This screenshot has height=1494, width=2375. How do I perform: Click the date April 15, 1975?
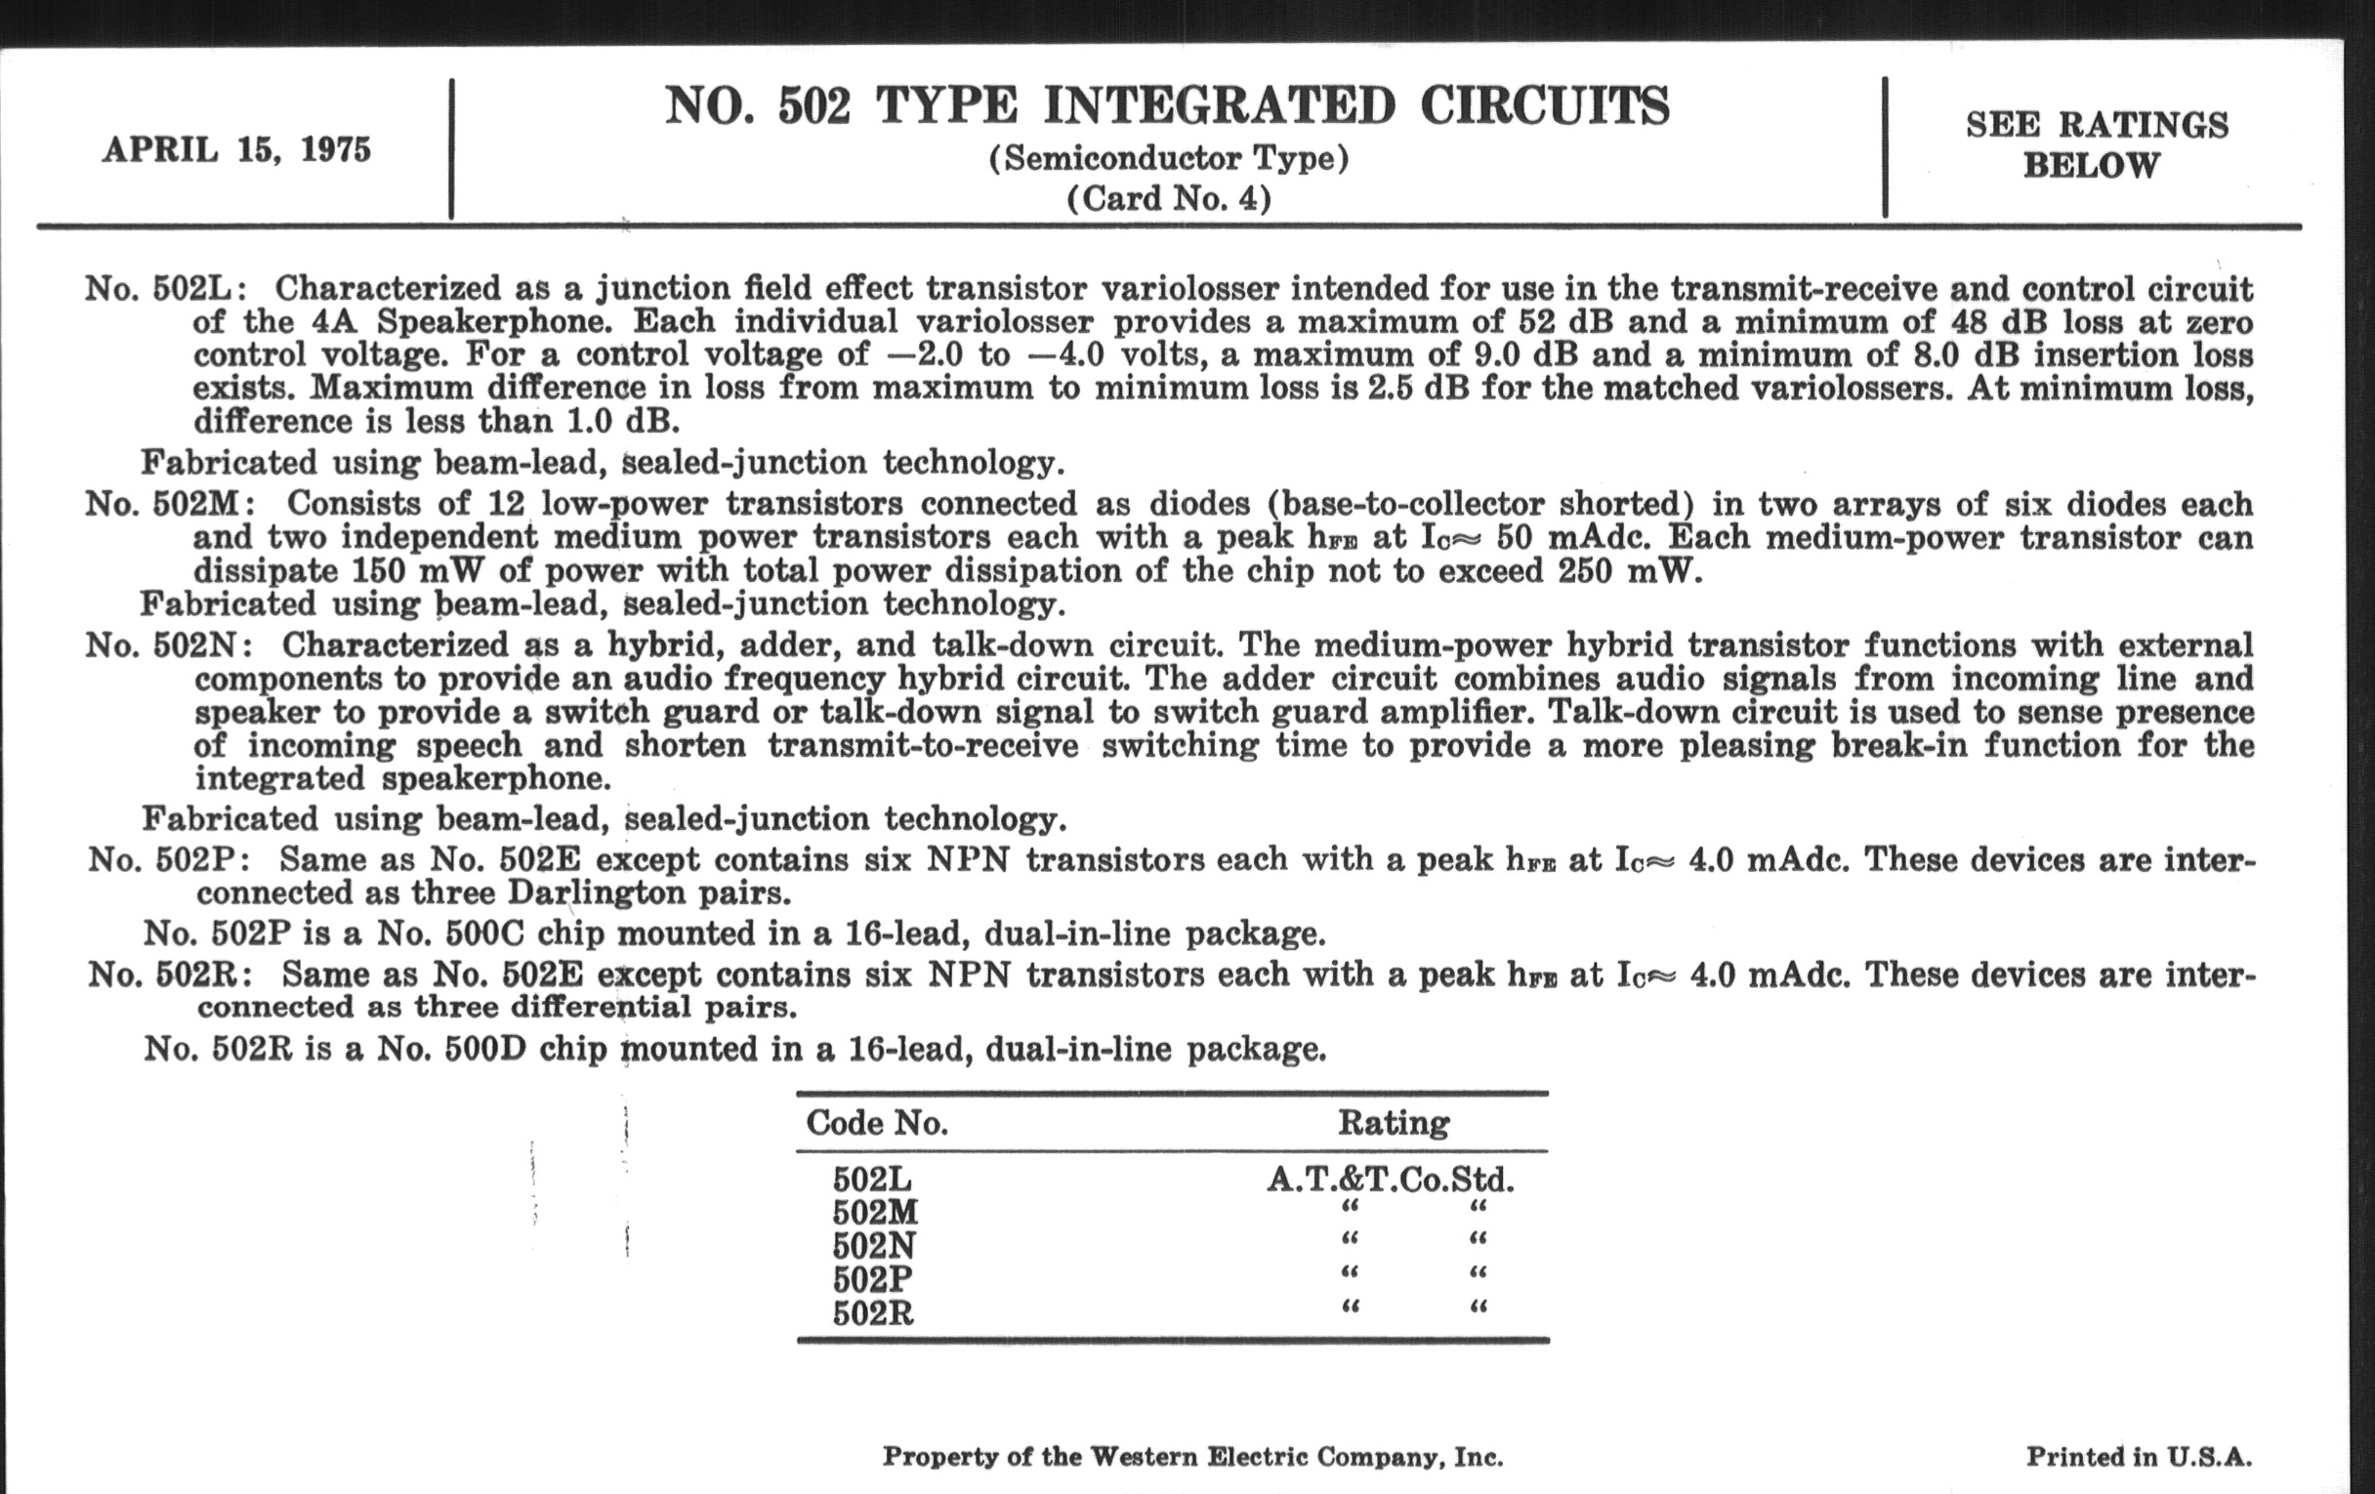click(236, 150)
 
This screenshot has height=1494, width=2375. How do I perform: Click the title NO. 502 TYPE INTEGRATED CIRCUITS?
click(1167, 106)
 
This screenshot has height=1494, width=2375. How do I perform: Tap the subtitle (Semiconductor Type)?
click(1169, 159)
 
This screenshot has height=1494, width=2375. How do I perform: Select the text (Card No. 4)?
click(1169, 199)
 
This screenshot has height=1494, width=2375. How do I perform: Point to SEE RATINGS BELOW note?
click(2096, 145)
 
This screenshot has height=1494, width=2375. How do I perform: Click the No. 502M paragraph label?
click(169, 504)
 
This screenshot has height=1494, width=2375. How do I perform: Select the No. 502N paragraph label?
click(167, 645)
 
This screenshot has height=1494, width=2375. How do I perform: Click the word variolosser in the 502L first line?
click(1189, 289)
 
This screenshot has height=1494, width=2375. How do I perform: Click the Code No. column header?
click(877, 1123)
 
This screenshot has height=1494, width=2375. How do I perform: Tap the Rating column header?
click(1393, 1123)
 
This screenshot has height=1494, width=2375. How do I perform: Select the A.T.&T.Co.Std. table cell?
click(1390, 1181)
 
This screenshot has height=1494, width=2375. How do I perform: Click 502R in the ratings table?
click(873, 1314)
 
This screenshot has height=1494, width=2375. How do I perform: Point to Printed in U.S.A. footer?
click(2139, 1457)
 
